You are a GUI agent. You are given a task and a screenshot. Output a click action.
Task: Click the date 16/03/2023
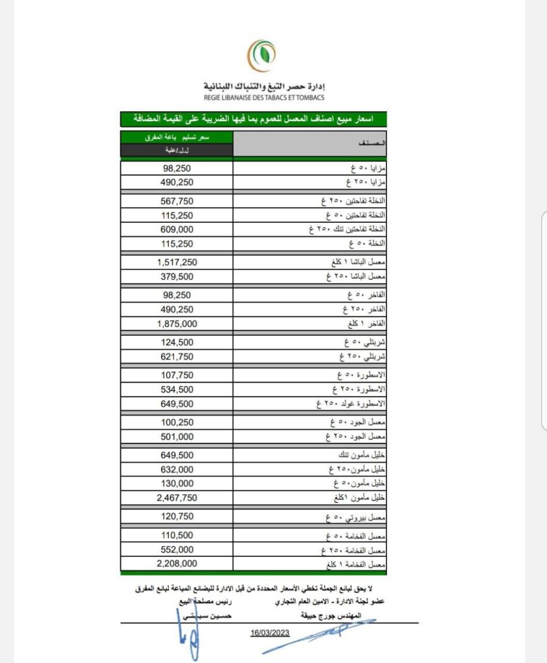[x=269, y=631]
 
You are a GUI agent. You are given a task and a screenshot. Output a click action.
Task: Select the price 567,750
[x=176, y=201]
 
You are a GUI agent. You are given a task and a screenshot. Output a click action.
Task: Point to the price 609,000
[x=176, y=229]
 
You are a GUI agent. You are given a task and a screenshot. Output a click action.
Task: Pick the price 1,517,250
[x=176, y=262]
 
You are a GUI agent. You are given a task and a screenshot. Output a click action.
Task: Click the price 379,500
[x=176, y=276]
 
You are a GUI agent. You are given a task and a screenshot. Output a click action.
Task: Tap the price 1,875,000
[x=176, y=323]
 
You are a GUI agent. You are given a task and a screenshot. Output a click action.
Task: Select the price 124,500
[x=176, y=343]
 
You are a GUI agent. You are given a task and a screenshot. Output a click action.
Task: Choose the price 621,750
[x=176, y=357]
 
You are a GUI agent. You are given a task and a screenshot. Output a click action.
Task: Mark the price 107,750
[x=176, y=376]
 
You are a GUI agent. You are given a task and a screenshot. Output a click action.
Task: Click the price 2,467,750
[x=176, y=497]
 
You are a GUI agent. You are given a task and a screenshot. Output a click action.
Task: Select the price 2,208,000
[x=176, y=564]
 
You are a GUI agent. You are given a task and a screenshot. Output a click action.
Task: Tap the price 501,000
[x=176, y=436]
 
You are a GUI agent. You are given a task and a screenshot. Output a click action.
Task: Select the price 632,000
[x=176, y=469]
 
